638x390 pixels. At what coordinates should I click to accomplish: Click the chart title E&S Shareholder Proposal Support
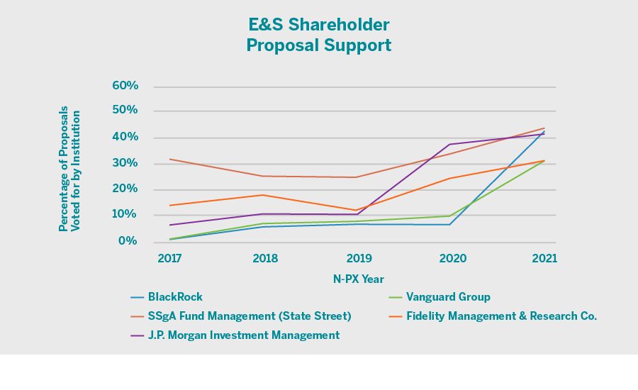click(318, 35)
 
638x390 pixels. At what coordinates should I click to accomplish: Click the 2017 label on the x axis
click(169, 259)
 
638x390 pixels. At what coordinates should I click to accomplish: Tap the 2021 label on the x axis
click(544, 259)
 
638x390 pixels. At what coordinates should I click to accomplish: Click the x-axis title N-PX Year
click(358, 279)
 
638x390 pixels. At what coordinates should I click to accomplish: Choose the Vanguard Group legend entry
click(448, 297)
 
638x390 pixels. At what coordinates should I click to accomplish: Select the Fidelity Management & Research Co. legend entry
click(501, 316)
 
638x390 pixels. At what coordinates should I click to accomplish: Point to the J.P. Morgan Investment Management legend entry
click(244, 335)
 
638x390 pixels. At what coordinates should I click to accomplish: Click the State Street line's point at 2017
click(170, 159)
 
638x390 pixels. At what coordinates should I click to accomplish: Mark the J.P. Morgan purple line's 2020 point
click(449, 144)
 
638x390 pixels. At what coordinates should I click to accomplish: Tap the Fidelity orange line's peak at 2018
click(263, 195)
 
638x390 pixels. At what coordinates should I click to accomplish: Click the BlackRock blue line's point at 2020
click(449, 225)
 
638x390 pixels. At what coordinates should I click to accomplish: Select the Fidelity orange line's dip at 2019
click(357, 210)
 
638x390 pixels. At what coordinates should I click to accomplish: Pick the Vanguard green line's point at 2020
click(449, 216)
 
